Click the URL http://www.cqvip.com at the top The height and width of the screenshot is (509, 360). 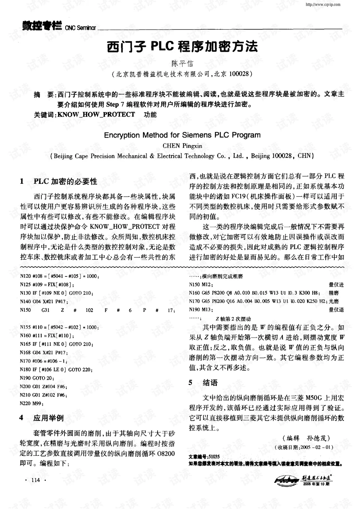coord(323,5)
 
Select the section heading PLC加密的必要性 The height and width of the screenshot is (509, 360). coord(65,182)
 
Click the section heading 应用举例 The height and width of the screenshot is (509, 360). coord(48,418)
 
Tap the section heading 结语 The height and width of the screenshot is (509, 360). coord(210,383)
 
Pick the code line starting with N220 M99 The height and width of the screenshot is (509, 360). coord(32,403)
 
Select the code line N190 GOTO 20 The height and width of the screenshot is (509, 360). coord(36,378)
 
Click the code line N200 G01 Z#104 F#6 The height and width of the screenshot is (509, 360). coord(43,386)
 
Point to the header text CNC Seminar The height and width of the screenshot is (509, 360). coord(81,28)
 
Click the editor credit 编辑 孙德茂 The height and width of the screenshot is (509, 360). coord(308,438)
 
